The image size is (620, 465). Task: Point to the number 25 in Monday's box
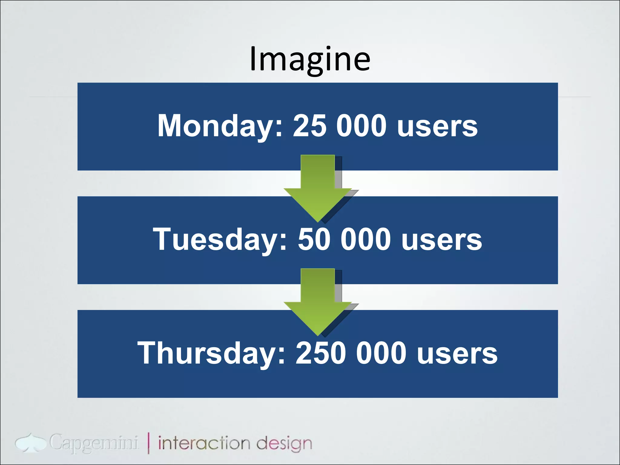click(x=310, y=126)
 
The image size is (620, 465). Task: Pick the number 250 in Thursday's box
click(x=321, y=353)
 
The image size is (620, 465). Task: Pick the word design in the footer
click(x=284, y=444)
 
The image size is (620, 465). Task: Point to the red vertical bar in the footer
click(x=149, y=443)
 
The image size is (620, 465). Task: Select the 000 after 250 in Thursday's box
click(x=381, y=353)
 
